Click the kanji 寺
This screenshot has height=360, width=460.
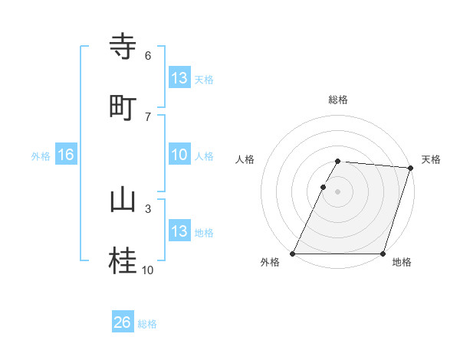point(123,47)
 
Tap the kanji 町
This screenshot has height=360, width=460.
point(123,108)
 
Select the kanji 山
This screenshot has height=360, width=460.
point(123,200)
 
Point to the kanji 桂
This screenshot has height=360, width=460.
point(123,261)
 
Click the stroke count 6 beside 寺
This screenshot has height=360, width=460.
point(148,56)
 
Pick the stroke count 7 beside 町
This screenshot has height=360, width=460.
point(148,117)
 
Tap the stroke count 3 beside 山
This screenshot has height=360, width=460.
point(148,208)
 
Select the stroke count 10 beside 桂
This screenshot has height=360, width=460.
point(147,270)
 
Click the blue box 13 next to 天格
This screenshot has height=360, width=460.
point(179,78)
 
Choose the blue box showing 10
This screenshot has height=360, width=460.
point(179,155)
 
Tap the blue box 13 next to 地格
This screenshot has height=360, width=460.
point(179,231)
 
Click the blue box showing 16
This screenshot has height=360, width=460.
point(66,155)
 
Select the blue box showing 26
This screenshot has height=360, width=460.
point(123,322)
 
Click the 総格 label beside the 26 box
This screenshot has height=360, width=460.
point(147,324)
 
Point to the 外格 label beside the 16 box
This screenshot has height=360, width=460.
point(41,156)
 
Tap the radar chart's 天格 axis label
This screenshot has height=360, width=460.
point(431,159)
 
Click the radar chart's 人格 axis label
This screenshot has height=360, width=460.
point(245,159)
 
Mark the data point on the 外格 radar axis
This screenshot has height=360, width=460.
point(293,254)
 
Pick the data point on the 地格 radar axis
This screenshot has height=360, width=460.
point(383,254)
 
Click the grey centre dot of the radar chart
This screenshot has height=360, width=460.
point(338,191)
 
